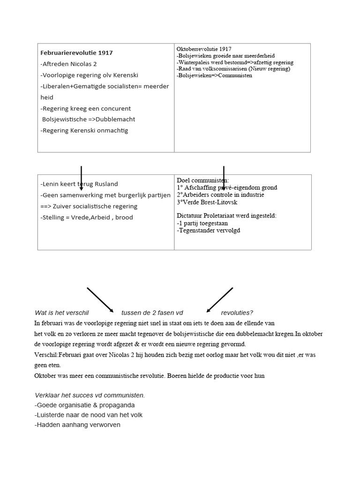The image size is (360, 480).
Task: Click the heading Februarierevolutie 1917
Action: [x=76, y=53]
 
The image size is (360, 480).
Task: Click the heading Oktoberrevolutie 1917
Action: [x=204, y=49]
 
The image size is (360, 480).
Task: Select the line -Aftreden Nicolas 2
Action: [x=68, y=64]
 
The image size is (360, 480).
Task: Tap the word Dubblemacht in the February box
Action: [x=115, y=120]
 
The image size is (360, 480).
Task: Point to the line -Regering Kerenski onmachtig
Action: [x=84, y=131]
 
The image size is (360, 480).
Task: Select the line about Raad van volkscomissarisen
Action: [x=233, y=69]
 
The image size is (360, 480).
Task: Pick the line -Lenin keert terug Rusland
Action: [x=79, y=184]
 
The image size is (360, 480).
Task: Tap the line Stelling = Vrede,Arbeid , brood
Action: [x=87, y=217]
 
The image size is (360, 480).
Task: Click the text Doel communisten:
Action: [x=203, y=180]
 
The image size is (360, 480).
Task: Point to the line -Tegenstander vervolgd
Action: [x=208, y=230]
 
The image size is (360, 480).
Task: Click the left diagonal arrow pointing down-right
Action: [x=100, y=300]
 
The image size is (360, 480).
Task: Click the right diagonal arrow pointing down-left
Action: [x=219, y=300]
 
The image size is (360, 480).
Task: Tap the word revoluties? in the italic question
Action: [x=237, y=313]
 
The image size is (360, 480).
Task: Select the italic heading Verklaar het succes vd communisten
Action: [x=90, y=395]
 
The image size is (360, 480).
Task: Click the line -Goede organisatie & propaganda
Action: [x=84, y=405]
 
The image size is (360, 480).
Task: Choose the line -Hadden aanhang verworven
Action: [x=77, y=425]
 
